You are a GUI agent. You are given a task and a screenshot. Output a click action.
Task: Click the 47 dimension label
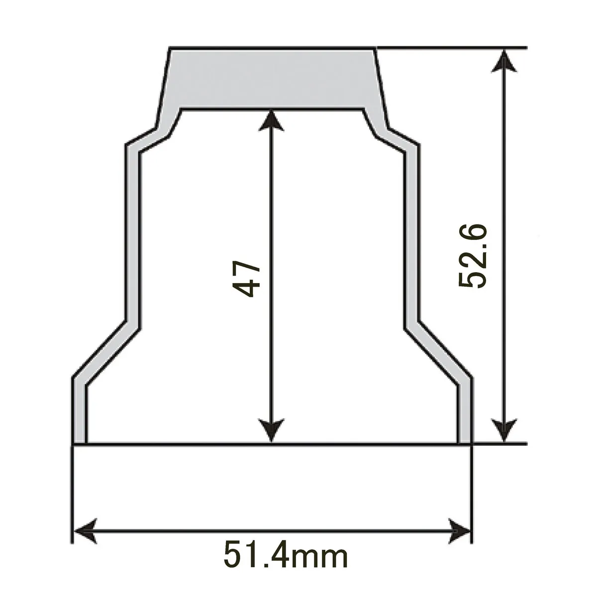(x=247, y=278)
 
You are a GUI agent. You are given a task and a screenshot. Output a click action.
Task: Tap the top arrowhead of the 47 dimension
(x=270, y=119)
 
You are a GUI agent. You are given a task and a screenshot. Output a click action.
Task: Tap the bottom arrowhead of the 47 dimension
(x=270, y=431)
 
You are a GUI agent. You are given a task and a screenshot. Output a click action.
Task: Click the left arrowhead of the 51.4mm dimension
(x=85, y=531)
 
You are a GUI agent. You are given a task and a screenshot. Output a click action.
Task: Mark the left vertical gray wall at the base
(x=80, y=413)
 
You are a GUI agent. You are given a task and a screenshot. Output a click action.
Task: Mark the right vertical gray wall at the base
(x=464, y=413)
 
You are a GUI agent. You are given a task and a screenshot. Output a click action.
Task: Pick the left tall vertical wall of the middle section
(x=132, y=234)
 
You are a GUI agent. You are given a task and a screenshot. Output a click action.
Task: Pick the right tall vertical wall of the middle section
(x=412, y=234)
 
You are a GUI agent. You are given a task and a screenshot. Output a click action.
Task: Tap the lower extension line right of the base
(x=497, y=443)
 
